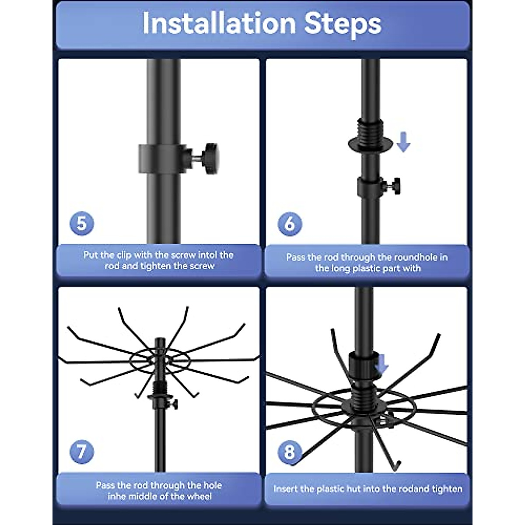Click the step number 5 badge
(81, 224)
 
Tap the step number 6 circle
(290, 224)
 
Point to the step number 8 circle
(290, 452)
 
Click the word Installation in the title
(219, 24)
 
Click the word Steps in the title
(343, 25)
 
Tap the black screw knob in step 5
(211, 158)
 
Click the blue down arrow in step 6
(403, 142)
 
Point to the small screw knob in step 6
(396, 186)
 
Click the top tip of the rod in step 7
(160, 339)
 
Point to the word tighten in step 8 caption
(448, 489)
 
